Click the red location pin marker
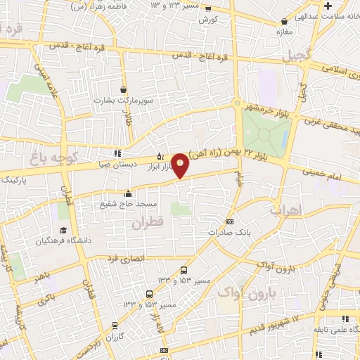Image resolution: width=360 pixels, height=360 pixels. coord(181,165)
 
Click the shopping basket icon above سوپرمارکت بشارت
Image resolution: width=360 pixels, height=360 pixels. coord(124,90)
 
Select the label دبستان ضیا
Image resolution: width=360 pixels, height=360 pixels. coord(117,163)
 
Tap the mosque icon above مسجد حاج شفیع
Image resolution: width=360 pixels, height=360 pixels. coord(127,194)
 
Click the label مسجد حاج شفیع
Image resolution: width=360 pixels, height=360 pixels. coord(127,204)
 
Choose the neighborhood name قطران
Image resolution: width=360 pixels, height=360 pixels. coord(147,221)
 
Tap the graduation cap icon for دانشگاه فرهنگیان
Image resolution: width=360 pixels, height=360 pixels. coord(64,230)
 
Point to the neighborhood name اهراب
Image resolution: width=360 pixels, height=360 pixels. coord(285,210)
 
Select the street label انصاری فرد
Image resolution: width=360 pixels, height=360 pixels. coord(127,259)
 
